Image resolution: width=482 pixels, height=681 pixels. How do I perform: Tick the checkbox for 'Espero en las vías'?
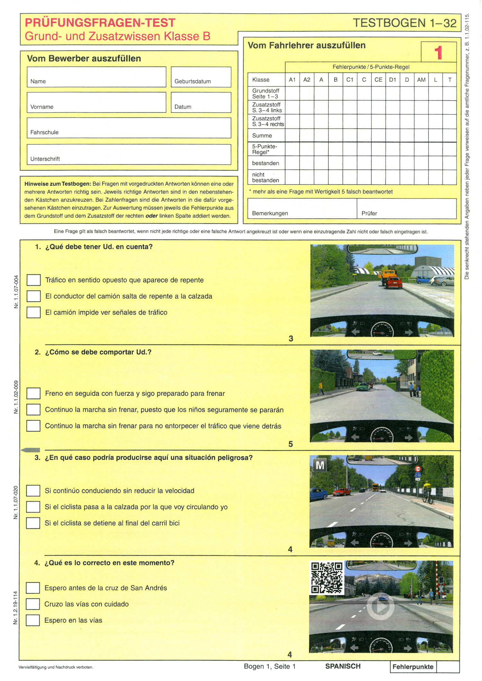pyautogui.click(x=33, y=620)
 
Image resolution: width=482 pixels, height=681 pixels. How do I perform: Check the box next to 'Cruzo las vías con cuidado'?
pyautogui.click(x=33, y=604)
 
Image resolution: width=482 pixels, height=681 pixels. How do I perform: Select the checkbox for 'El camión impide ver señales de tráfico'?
pyautogui.click(x=33, y=312)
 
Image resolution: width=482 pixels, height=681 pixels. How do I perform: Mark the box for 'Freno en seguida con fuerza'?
pyautogui.click(x=33, y=393)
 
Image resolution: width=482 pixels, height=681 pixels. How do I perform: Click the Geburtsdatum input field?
pyautogui.click(x=201, y=77)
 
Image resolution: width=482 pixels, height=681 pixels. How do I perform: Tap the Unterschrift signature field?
pyautogui.click(x=129, y=154)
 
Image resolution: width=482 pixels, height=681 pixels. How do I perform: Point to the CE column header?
pyautogui.click(x=378, y=79)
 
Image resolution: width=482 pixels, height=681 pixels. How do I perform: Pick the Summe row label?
pyautogui.click(x=262, y=135)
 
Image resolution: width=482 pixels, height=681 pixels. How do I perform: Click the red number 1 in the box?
pyautogui.click(x=438, y=52)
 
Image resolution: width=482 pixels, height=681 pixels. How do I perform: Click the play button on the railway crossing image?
pyautogui.click(x=381, y=606)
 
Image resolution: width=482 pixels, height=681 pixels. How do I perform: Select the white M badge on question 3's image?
pyautogui.click(x=320, y=465)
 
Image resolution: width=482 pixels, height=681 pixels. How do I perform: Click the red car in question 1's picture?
pyautogui.click(x=394, y=282)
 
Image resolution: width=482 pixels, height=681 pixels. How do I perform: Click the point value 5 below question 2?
pyautogui.click(x=290, y=444)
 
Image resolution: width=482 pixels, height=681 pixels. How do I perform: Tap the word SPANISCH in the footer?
pyautogui.click(x=343, y=666)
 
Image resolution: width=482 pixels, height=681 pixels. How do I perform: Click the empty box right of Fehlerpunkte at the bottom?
pyautogui.click(x=448, y=667)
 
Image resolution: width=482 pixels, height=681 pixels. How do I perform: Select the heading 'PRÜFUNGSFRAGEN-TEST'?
pyautogui.click(x=100, y=23)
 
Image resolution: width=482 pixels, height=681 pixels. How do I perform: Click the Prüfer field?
pyautogui.click(x=406, y=208)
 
